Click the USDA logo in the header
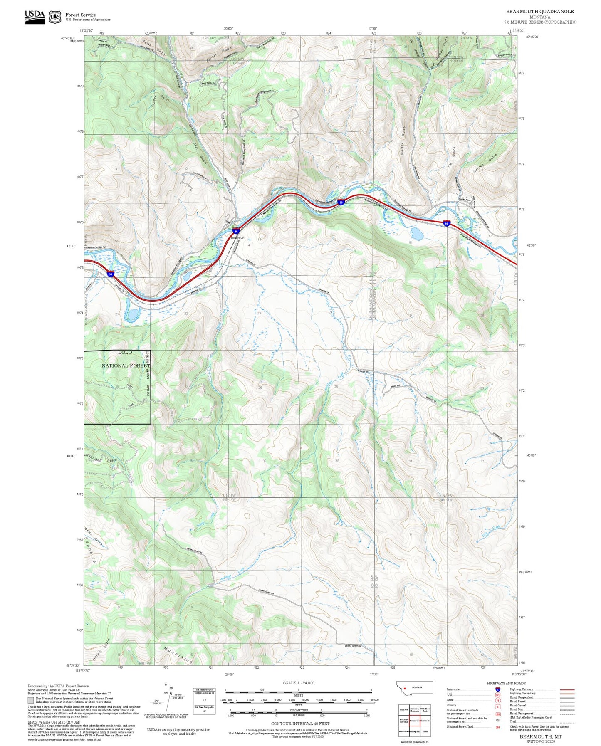point(35,16)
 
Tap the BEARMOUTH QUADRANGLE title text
point(539,12)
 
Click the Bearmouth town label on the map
point(238,237)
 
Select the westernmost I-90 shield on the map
point(110,274)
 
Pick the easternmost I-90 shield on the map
point(446,223)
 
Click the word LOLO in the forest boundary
point(125,352)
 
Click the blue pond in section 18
point(417,234)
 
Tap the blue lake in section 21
point(132,315)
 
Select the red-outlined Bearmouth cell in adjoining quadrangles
point(415,720)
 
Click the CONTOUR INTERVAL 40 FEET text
point(298,724)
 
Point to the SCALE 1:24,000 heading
point(298,683)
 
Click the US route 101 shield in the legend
point(497,694)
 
